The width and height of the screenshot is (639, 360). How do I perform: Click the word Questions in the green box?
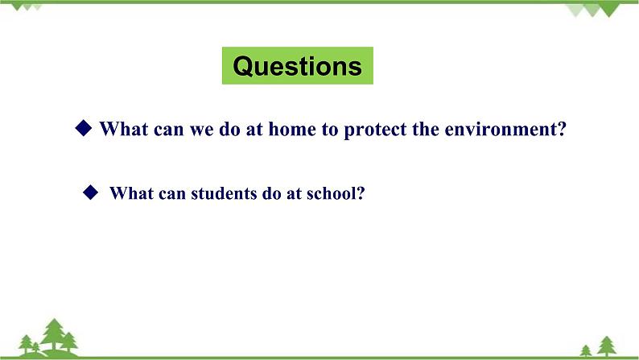coord(297,66)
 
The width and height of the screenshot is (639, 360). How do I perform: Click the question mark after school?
coord(362,193)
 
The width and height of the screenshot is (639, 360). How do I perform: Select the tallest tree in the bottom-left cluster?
coord(55,334)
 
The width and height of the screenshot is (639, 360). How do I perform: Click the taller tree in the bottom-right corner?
coord(605,345)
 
